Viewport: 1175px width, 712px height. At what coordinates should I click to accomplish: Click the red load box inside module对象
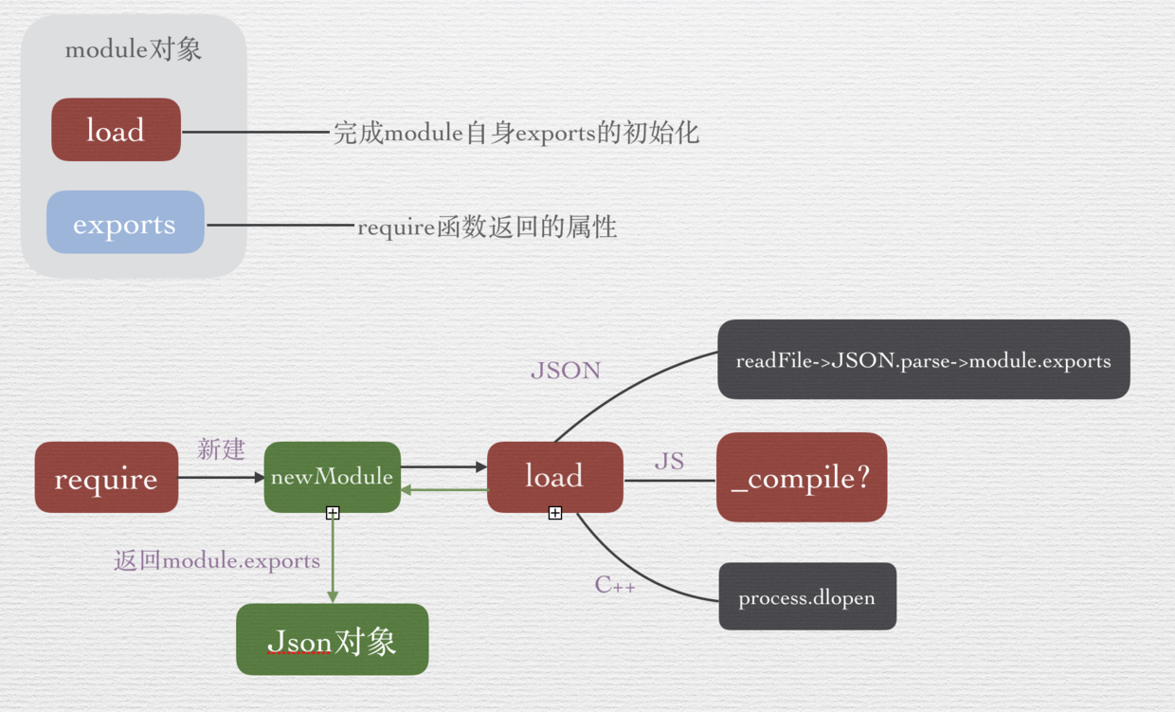click(116, 130)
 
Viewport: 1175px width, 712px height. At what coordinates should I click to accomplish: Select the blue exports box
click(125, 223)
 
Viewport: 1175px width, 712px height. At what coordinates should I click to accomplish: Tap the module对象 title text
click(133, 49)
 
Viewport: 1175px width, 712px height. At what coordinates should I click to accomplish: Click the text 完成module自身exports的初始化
click(515, 133)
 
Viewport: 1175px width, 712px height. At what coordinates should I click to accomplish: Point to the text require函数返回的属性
click(487, 228)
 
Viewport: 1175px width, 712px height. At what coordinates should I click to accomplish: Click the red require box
click(106, 478)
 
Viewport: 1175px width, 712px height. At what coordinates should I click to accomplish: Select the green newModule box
click(332, 477)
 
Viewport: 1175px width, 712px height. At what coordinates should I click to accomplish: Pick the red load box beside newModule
click(554, 477)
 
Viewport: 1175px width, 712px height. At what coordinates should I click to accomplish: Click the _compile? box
click(801, 478)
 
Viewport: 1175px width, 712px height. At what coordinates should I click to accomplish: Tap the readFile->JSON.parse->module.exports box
click(923, 360)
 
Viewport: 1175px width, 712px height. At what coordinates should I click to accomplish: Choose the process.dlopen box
click(806, 597)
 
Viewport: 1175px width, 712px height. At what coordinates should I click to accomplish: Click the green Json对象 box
click(332, 641)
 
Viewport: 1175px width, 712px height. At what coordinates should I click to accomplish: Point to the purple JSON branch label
click(566, 371)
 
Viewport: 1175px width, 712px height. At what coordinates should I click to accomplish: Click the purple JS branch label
click(669, 462)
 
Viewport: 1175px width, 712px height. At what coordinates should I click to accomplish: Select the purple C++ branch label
click(615, 585)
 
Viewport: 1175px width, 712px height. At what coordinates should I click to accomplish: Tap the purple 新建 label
click(221, 449)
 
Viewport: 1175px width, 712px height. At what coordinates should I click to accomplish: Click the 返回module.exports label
click(217, 561)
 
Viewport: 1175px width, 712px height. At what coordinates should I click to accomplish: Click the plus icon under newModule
click(333, 513)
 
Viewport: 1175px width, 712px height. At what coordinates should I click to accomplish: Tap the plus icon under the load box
click(555, 513)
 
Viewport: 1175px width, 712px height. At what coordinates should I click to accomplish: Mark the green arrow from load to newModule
click(443, 490)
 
